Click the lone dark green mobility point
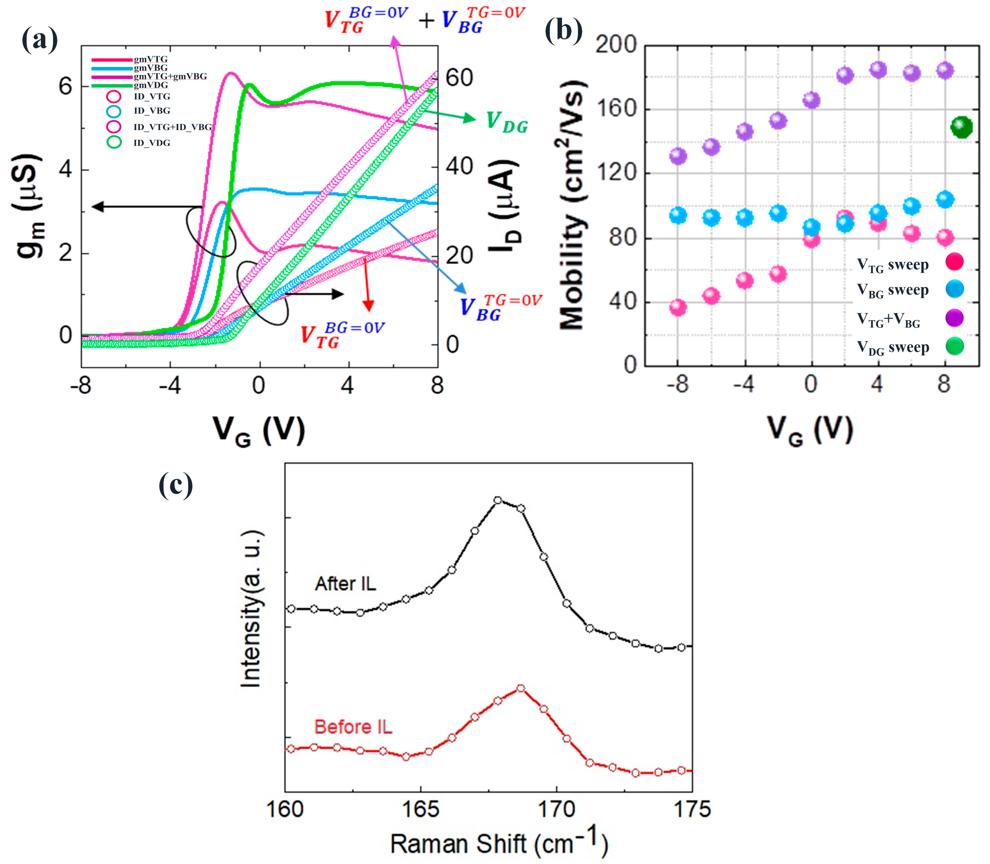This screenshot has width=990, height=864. pyautogui.click(x=961, y=127)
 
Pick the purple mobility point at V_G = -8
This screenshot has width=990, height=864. pyautogui.click(x=678, y=156)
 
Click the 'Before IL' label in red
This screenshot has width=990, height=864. pyautogui.click(x=353, y=727)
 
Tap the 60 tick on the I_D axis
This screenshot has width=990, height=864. pyautogui.click(x=458, y=78)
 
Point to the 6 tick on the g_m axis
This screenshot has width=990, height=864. pyautogui.click(x=65, y=87)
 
